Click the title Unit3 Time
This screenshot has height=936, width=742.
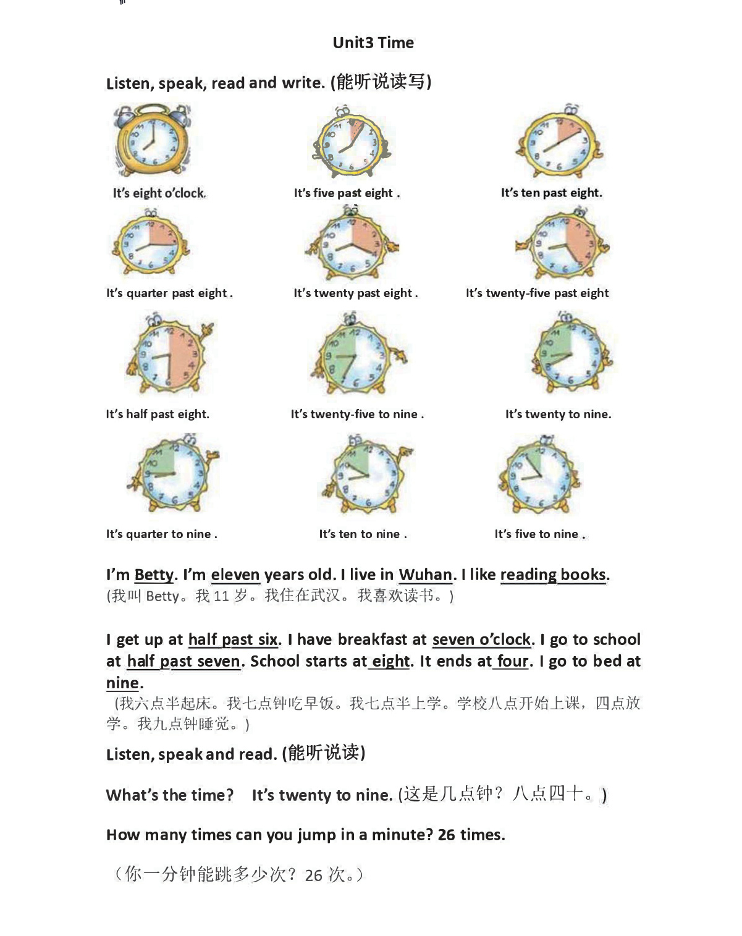[x=373, y=43]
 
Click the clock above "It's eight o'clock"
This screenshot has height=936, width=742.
[x=152, y=141]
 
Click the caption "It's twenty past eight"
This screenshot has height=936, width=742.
[x=355, y=293]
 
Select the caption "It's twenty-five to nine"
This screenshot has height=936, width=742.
[x=357, y=415]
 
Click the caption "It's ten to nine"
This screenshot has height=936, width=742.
[x=363, y=534]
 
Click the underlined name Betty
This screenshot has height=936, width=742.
[x=154, y=575]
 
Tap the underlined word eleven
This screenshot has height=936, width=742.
[x=235, y=575]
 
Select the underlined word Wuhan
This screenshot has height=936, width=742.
[x=426, y=575]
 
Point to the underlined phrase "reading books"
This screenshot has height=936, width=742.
[x=553, y=575]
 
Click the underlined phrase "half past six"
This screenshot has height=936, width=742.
[x=233, y=640]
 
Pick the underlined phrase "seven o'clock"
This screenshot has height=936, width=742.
[x=481, y=640]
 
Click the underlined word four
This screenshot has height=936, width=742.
[x=513, y=662]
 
